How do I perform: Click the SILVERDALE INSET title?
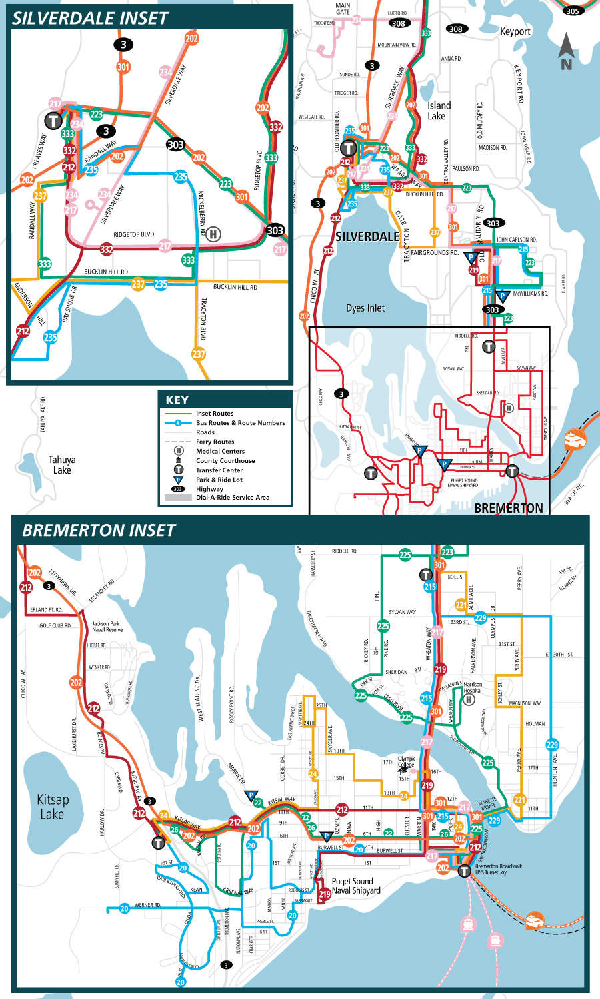[91, 18]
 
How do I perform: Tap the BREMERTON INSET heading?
[99, 530]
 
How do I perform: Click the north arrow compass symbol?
[566, 52]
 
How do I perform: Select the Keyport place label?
[515, 31]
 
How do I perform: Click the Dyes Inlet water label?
[365, 308]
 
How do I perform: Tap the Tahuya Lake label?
[62, 464]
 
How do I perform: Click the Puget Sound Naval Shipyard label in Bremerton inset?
[356, 886]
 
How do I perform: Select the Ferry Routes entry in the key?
[215, 442]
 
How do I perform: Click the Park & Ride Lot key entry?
[219, 480]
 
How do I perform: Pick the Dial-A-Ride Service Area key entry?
[232, 497]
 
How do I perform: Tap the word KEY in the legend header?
[177, 400]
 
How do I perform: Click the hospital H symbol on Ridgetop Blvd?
[213, 234]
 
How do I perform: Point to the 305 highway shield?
[572, 11]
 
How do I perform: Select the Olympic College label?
[406, 761]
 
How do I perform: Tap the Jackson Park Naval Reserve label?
[107, 627]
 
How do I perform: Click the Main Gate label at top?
[343, 8]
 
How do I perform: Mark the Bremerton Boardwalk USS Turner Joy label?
[498, 869]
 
